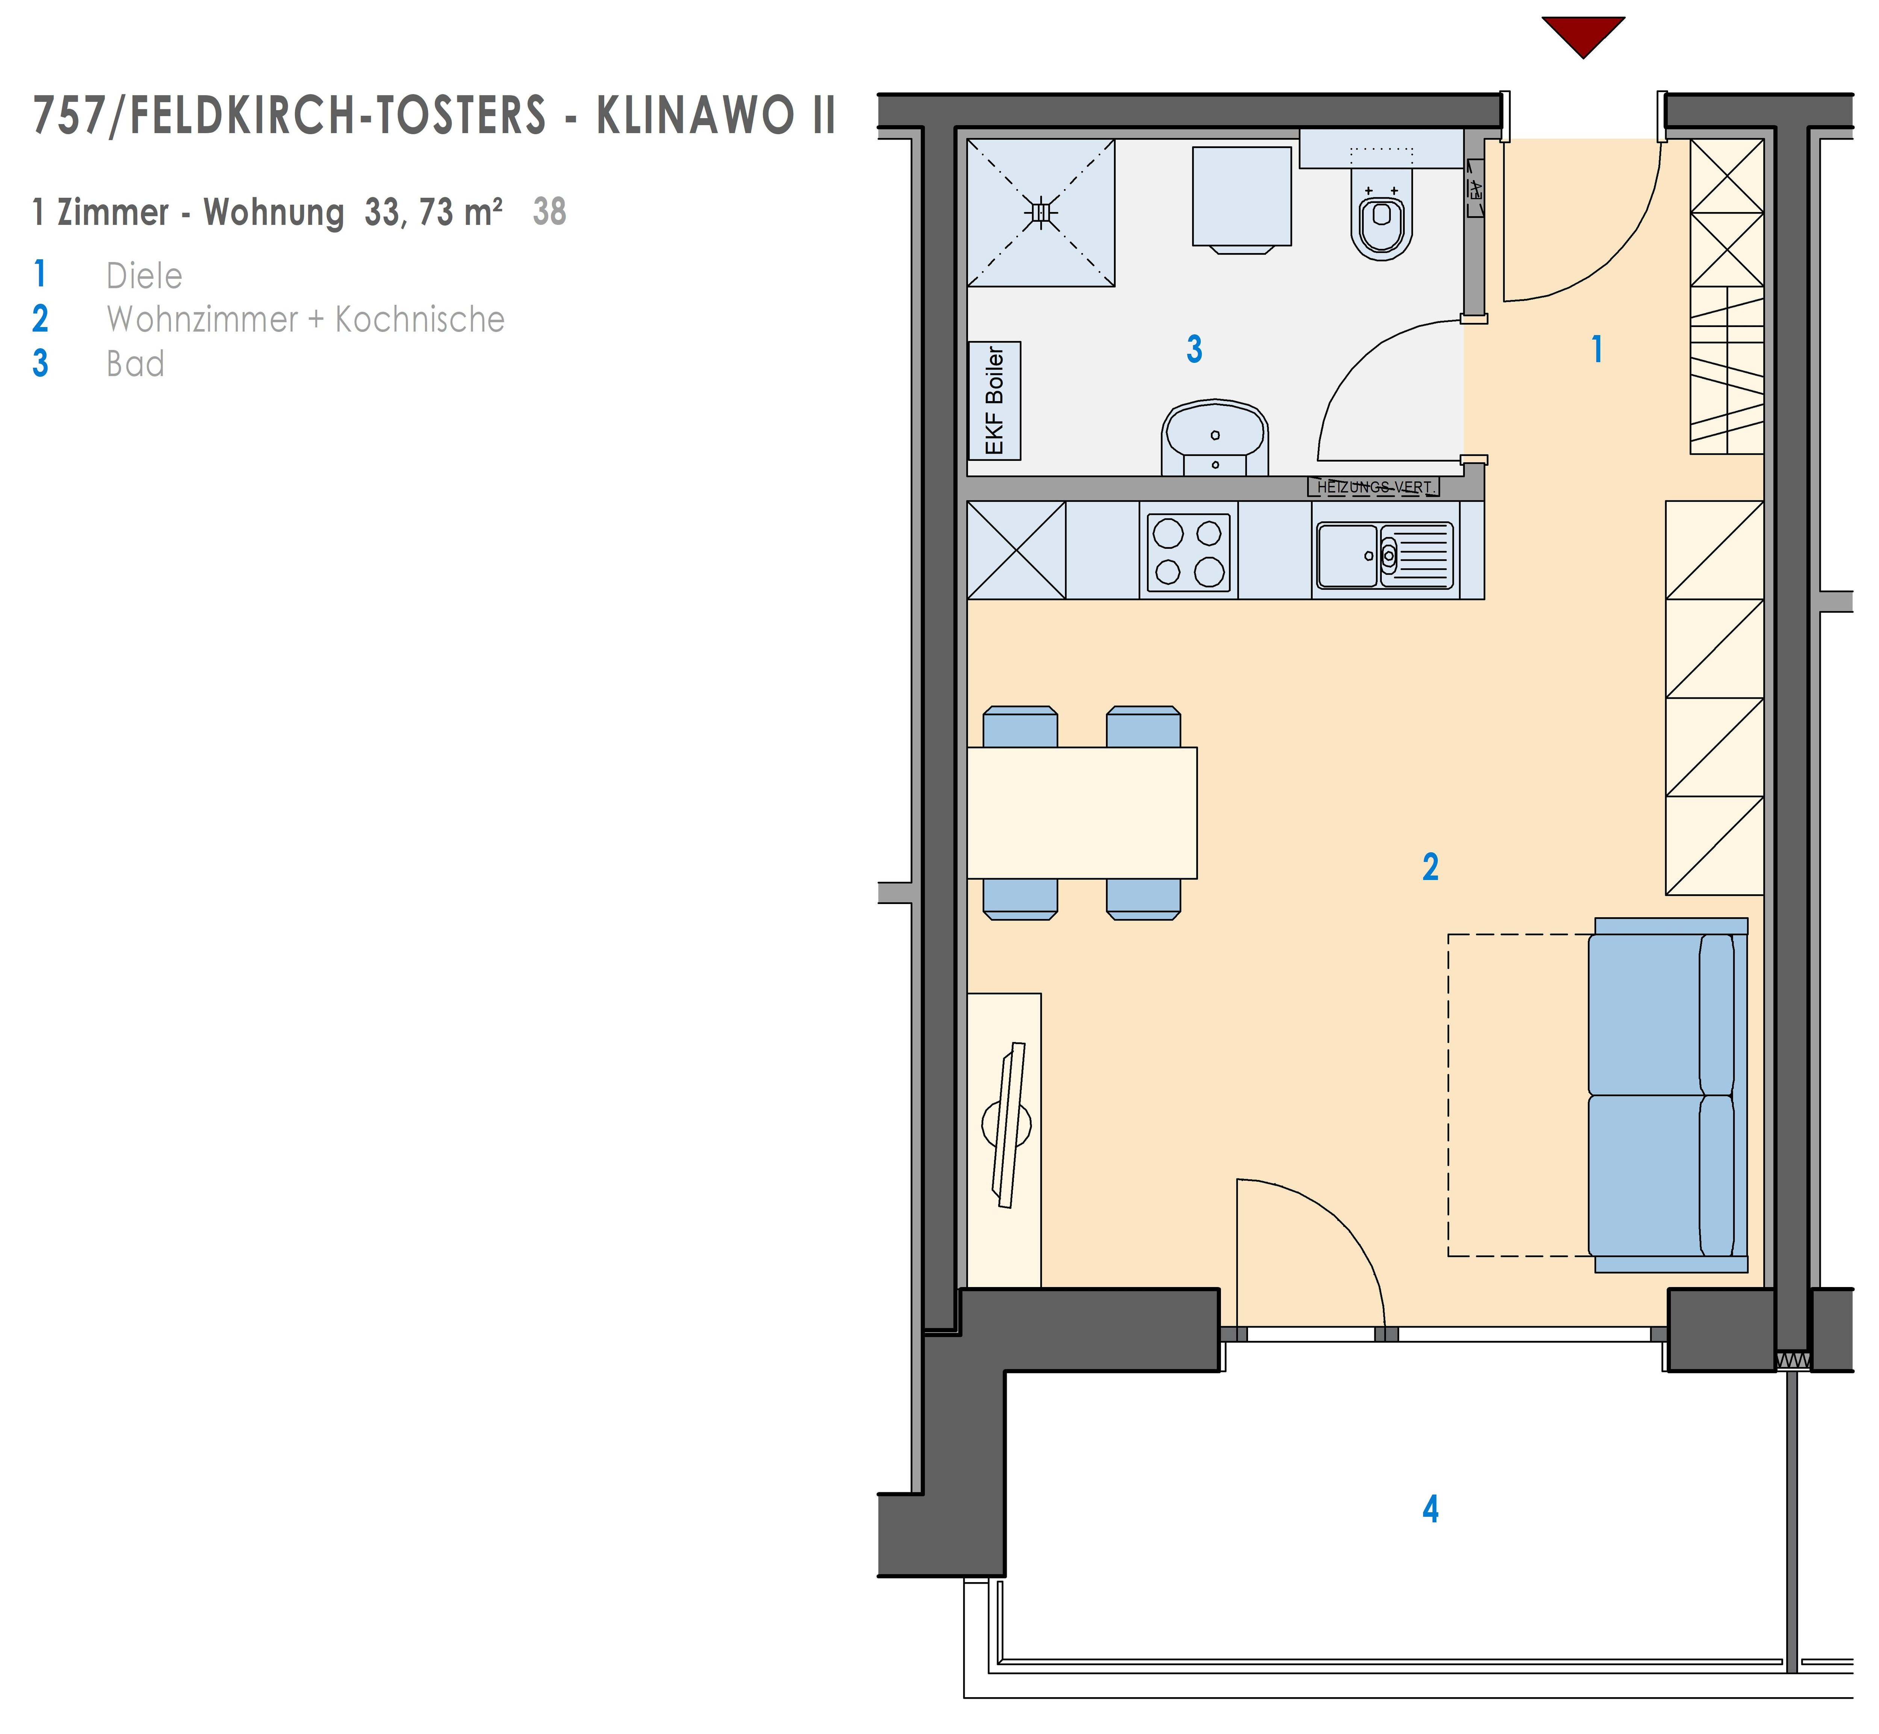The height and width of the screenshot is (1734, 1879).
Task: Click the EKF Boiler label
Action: [x=994, y=401]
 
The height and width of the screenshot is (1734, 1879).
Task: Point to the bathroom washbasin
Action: [x=1215, y=439]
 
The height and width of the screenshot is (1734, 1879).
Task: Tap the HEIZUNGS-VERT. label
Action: [x=1374, y=487]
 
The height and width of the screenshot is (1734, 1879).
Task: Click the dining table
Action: [x=1082, y=813]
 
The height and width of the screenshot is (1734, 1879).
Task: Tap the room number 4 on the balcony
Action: [x=1430, y=1509]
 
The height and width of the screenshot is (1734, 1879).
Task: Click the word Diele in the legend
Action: [x=144, y=276]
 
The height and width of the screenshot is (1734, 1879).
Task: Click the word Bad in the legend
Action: [x=135, y=364]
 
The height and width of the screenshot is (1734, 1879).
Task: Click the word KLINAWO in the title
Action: [x=695, y=115]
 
